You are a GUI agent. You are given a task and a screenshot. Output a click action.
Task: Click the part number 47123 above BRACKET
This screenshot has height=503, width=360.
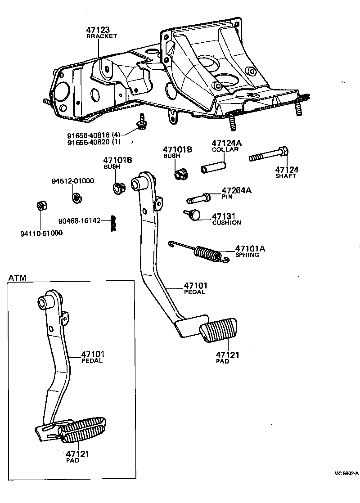98,30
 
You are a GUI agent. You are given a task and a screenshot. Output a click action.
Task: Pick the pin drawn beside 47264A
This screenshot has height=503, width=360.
198,198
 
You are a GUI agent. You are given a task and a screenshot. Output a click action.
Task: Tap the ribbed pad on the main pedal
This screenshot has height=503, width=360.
219,330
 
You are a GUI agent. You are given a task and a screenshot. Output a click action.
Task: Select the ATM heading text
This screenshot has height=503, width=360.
17,278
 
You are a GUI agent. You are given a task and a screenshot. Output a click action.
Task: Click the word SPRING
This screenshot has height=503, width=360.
247,255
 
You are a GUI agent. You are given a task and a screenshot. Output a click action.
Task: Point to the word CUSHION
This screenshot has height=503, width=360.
226,222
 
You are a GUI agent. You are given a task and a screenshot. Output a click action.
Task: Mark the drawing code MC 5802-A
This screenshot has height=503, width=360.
346,474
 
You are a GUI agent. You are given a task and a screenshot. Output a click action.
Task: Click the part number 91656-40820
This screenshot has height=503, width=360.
88,143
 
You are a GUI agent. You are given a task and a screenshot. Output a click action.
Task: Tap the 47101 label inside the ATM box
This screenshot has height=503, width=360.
93,354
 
